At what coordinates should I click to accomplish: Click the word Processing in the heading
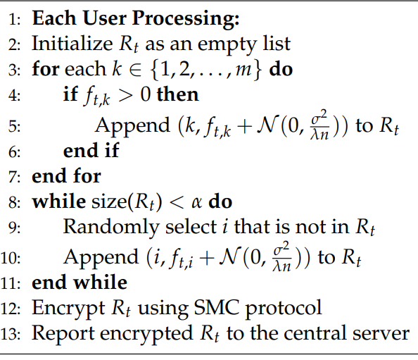186,19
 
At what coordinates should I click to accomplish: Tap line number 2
14,44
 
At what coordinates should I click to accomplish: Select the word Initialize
72,43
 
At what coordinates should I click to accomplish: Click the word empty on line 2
228,45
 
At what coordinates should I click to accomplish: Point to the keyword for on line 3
46,68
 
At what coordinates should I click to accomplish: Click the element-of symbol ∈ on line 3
135,70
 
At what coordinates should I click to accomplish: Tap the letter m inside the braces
243,70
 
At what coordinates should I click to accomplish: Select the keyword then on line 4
177,94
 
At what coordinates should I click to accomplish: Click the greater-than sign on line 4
125,95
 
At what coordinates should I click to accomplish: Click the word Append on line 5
132,125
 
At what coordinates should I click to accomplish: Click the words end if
91,150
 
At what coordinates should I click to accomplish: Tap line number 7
14,177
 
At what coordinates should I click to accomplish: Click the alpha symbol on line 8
197,203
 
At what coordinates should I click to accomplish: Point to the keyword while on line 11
100,283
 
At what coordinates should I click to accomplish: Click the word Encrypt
68,309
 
